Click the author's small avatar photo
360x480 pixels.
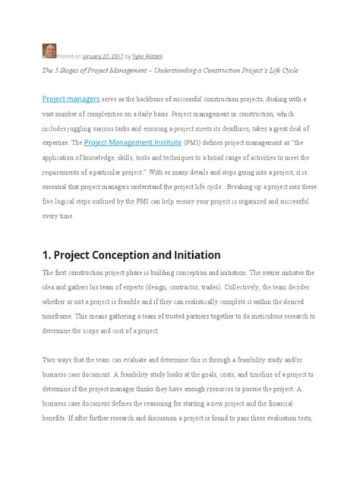pyautogui.click(x=49, y=52)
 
